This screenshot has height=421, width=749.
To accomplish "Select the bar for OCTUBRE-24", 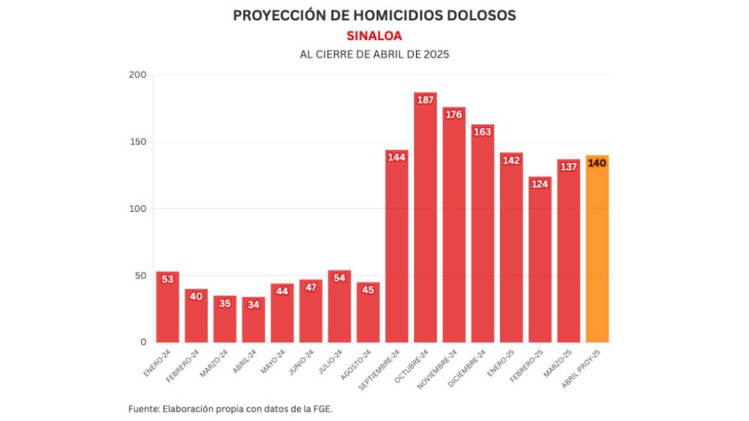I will pos(425,221).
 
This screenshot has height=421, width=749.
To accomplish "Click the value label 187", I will pos(425,100).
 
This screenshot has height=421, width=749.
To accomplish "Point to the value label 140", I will pos(597,163).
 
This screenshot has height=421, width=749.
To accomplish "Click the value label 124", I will pos(540,184).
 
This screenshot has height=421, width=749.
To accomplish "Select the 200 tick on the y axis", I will pos(138,75).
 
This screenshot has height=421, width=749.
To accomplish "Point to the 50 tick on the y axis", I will pos(140,275).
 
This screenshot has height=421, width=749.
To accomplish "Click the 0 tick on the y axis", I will pos(143,342).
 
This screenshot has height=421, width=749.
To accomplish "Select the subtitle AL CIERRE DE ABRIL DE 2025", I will pos(374,55).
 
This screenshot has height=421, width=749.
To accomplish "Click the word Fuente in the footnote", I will pos(144,408).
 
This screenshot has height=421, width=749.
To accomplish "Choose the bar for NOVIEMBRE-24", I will pos(454,227).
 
